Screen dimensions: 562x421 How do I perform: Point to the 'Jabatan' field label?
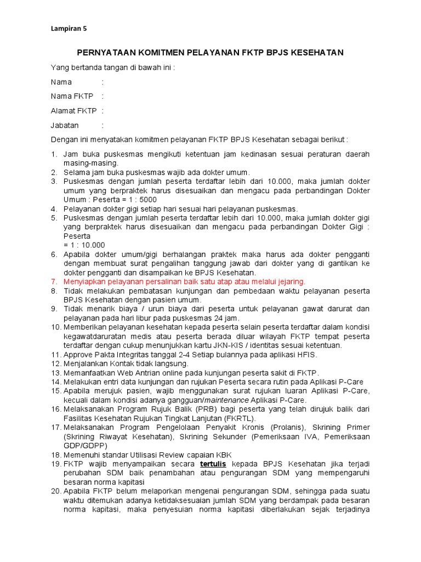point(65,125)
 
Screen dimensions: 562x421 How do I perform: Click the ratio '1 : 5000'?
point(140,200)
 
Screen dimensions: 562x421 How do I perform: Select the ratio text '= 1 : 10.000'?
point(84,245)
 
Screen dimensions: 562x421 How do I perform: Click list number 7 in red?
point(54,282)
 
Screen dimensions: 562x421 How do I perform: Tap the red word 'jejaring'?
point(289,282)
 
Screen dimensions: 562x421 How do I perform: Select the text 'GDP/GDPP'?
point(82,445)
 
